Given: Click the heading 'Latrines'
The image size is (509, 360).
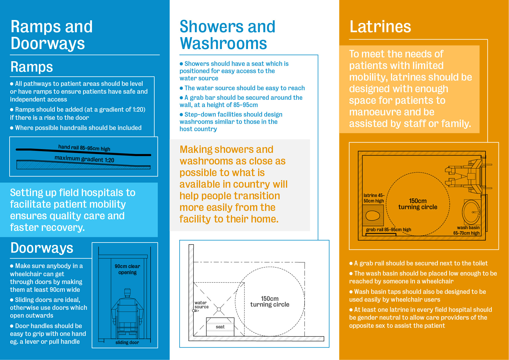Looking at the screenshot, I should (380, 27).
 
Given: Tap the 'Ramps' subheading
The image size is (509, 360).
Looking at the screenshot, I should (32, 67).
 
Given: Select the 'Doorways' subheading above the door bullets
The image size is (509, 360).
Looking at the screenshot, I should (42, 248).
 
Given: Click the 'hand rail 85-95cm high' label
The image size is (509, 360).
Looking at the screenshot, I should (84, 148).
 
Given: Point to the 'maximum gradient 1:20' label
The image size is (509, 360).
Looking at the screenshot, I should (84, 159).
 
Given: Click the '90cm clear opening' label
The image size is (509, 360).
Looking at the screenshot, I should (127, 269).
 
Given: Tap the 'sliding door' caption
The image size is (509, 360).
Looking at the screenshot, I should (127, 343).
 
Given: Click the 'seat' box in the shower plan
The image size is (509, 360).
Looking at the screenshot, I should (220, 327).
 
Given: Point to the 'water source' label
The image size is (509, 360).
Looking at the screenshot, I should (201, 305).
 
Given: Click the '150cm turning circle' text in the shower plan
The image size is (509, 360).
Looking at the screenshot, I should (270, 301).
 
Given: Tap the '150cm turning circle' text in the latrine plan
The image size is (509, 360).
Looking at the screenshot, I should (418, 204).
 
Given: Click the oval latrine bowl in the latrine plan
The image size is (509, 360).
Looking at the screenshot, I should (373, 215).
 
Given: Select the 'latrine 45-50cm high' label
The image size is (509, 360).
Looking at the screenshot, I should (374, 198).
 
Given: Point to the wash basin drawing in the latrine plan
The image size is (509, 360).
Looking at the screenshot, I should (471, 212).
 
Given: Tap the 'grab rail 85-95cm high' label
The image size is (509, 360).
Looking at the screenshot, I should (388, 230).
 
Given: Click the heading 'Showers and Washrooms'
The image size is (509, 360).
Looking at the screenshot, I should (227, 35).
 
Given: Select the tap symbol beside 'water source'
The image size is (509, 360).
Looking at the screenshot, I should (195, 311).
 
